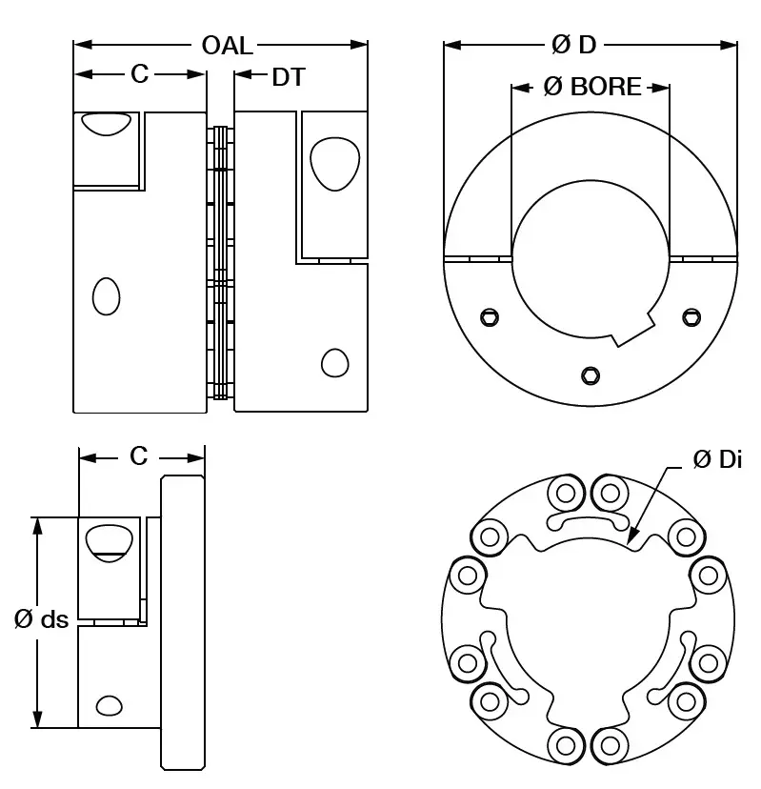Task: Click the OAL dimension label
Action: click(228, 45)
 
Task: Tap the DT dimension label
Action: click(289, 77)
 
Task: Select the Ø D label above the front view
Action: click(574, 45)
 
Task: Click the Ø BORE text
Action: click(591, 88)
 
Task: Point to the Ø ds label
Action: click(42, 619)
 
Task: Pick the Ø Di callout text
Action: click(717, 459)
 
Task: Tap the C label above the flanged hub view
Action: click(139, 457)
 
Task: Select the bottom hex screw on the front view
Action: click(591, 374)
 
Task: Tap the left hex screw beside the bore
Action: click(490, 316)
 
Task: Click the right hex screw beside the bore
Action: click(691, 316)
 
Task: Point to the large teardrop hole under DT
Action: click(334, 162)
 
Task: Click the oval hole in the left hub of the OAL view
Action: click(106, 296)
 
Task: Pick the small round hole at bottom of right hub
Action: click(334, 363)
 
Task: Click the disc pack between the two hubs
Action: click(221, 262)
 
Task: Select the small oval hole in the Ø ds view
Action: click(110, 705)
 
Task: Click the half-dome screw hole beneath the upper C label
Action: click(106, 122)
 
